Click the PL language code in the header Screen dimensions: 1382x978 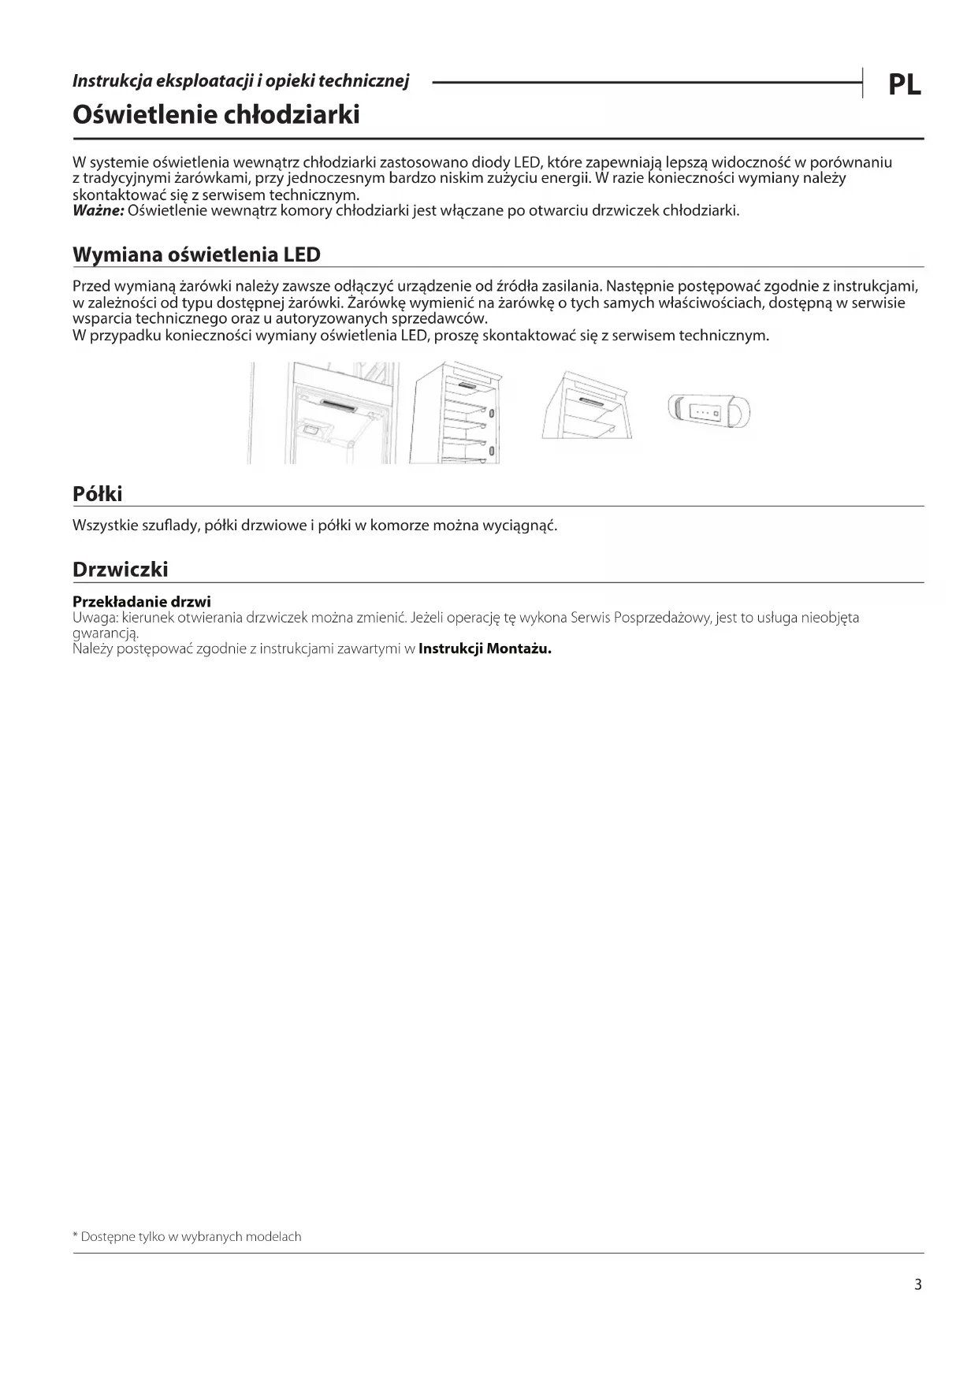point(904,84)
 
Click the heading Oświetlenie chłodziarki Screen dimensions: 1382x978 point(216,115)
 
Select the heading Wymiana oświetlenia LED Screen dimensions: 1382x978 point(196,254)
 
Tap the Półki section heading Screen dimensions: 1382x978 point(98,494)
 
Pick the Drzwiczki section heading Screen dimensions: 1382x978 point(120,569)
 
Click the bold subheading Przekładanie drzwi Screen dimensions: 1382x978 point(142,602)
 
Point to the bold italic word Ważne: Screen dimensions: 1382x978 point(98,211)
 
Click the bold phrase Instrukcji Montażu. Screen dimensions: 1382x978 point(485,649)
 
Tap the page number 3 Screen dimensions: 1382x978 point(917,1284)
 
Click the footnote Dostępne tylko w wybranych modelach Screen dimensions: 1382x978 point(190,1236)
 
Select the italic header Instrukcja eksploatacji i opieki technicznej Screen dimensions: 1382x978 point(240,80)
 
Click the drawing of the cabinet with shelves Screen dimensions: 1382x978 point(456,412)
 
